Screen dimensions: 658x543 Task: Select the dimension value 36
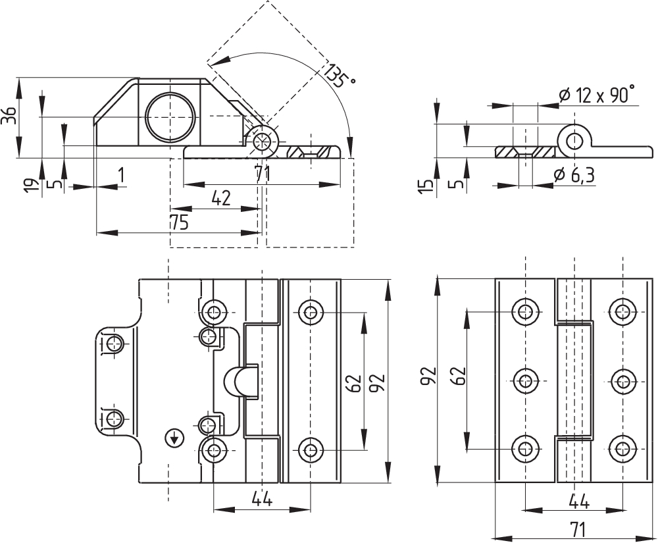[x=9, y=116]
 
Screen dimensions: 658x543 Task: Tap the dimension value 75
[x=179, y=223]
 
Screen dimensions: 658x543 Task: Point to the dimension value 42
[x=220, y=199]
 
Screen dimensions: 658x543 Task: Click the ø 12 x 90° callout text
[x=596, y=95]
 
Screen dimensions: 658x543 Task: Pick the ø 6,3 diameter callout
[x=573, y=175]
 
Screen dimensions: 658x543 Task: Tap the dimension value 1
[x=121, y=175]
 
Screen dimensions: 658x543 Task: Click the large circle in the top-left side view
[x=170, y=116]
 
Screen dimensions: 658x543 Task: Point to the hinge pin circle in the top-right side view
[x=574, y=142]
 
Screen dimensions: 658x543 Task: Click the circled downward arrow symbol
[x=174, y=438]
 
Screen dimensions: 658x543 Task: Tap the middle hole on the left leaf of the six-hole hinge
[x=524, y=381]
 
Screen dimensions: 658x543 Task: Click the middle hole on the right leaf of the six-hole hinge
[x=622, y=381]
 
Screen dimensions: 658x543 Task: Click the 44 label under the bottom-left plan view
[x=262, y=500]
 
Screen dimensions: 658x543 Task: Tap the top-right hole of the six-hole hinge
[x=622, y=311]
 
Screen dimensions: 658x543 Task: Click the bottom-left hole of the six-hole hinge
[x=524, y=449]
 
